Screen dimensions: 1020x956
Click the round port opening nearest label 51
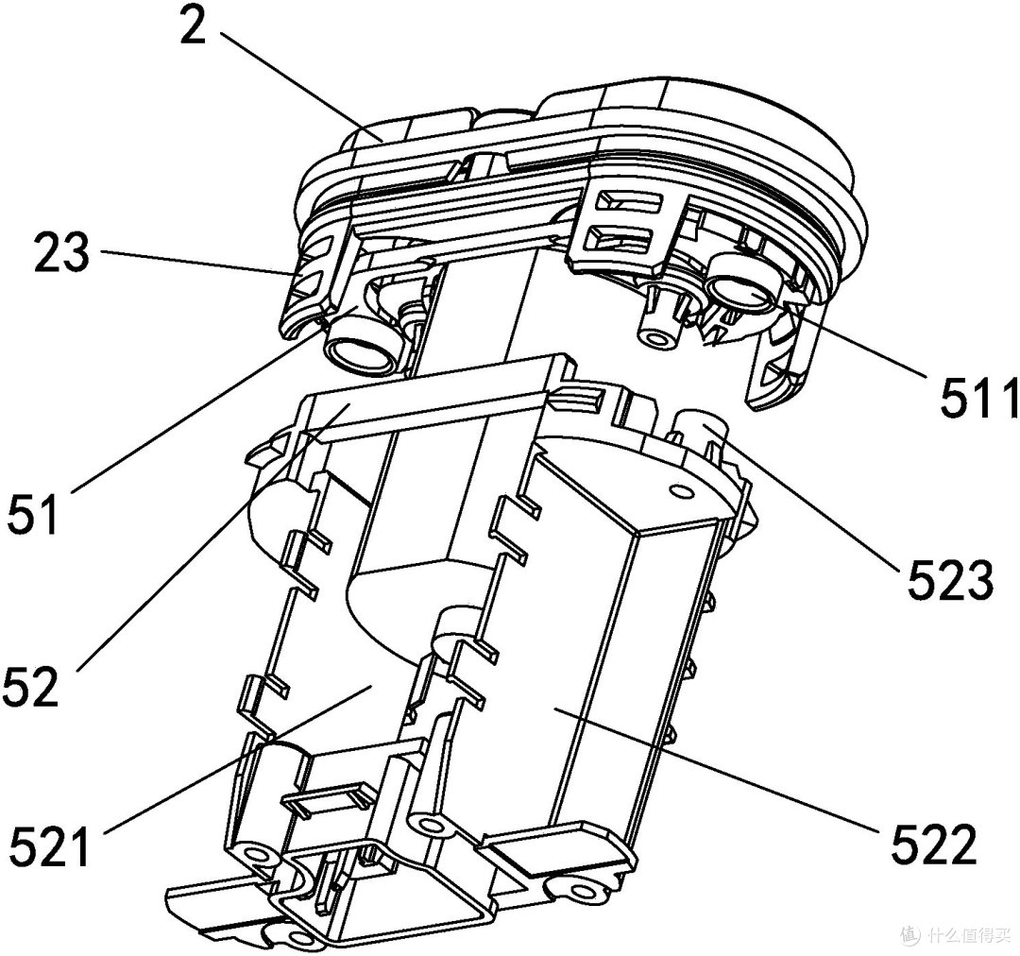(x=364, y=350)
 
